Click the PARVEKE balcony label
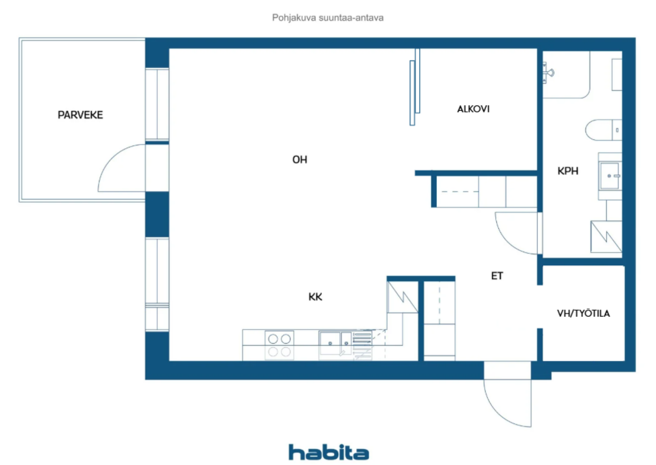(80, 115)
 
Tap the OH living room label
(300, 160)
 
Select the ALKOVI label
(473, 109)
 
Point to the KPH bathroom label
(568, 171)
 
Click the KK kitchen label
(315, 297)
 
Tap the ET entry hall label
(497, 276)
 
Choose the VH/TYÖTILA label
(583, 314)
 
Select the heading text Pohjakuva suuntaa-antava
(327, 18)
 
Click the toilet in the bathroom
(604, 130)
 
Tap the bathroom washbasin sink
(610, 176)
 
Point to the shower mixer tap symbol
(548, 72)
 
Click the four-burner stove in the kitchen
(279, 345)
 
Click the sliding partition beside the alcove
(415, 87)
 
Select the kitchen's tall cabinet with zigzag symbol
(403, 297)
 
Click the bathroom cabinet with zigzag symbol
(606, 237)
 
